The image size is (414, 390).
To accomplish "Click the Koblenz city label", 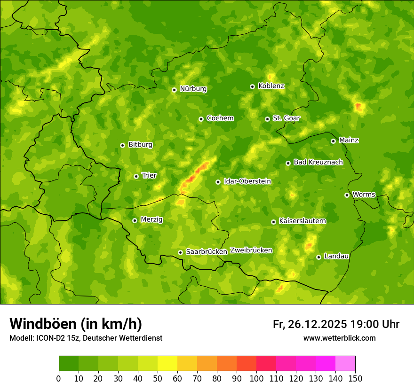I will tap(271, 86).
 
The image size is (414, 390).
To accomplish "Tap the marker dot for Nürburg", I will tap(174, 90).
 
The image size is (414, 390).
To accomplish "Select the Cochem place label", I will tap(220, 118).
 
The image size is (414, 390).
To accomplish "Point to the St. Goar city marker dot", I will tap(267, 119).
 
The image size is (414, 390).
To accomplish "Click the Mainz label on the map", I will tap(349, 140).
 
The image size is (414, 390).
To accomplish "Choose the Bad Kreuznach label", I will tap(318, 162).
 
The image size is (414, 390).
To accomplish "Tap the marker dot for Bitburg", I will tap(122, 145).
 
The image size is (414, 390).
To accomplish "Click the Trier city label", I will tap(149, 175).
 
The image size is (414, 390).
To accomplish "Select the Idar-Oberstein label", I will tap(247, 181).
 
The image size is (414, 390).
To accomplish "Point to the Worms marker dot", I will tap(347, 195).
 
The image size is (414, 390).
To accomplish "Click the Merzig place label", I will tap(151, 219).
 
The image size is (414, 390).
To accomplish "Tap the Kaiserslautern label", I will tap(303, 221).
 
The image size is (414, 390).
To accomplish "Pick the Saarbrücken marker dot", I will tap(180, 252).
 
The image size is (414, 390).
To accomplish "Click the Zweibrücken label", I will tap(251, 250).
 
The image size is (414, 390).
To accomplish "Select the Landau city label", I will tap(336, 256).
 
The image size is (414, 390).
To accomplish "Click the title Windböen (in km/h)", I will tap(76, 324).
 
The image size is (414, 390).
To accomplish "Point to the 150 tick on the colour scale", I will tap(355, 378).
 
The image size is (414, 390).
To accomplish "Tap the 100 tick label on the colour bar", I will tap(256, 378).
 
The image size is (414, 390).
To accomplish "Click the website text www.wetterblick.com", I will tap(339, 338).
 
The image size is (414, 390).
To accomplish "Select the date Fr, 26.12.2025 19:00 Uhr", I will tap(336, 324).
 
